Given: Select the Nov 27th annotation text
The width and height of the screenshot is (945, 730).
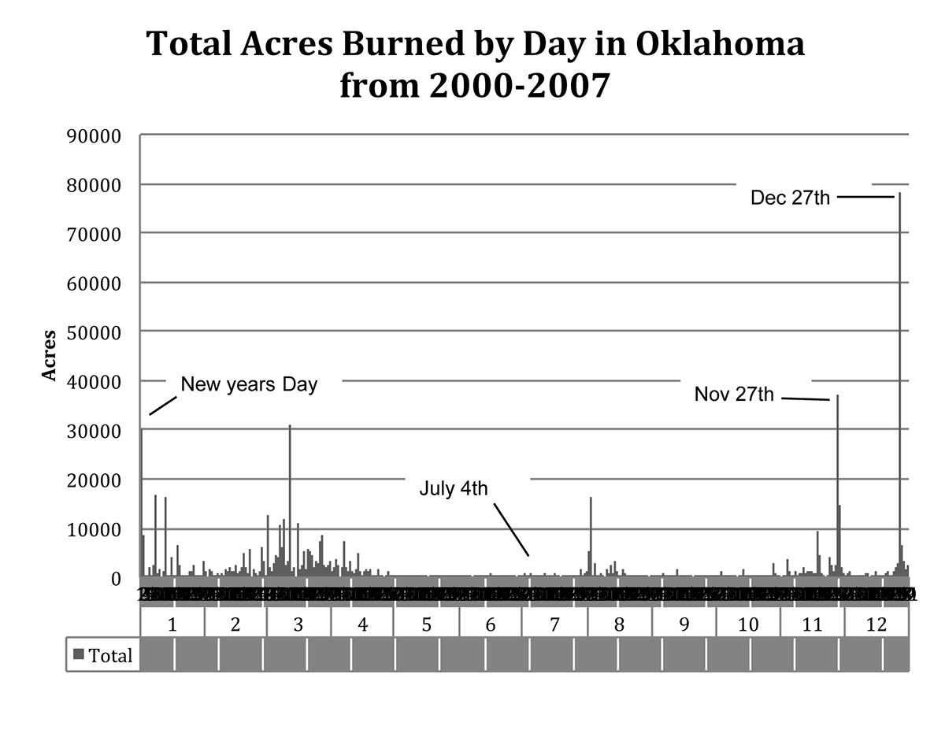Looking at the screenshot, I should pyautogui.click(x=734, y=394).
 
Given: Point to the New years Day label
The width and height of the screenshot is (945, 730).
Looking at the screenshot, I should pyautogui.click(x=249, y=384).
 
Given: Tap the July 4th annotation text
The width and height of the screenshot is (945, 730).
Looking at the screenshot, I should pyautogui.click(x=454, y=488).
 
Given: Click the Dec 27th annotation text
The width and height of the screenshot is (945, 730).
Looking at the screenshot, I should pyautogui.click(x=790, y=198).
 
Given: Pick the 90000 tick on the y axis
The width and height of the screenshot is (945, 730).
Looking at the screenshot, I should pyautogui.click(x=94, y=135).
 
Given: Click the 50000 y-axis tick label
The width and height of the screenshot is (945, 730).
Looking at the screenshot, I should pyautogui.click(x=94, y=332).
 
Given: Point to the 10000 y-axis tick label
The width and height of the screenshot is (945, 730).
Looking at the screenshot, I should pyautogui.click(x=94, y=529).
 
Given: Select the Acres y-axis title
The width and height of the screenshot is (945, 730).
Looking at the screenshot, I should pyautogui.click(x=50, y=356).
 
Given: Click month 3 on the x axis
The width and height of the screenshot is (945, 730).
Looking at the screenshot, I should pyautogui.click(x=298, y=625).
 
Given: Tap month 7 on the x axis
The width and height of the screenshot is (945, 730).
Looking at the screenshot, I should pyautogui.click(x=554, y=625).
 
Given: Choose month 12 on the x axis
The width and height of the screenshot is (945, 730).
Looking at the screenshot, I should pyautogui.click(x=876, y=625).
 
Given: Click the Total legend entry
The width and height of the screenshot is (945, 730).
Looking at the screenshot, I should pyautogui.click(x=103, y=654).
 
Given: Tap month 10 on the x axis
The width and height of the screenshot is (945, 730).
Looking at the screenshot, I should pyautogui.click(x=748, y=625).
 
